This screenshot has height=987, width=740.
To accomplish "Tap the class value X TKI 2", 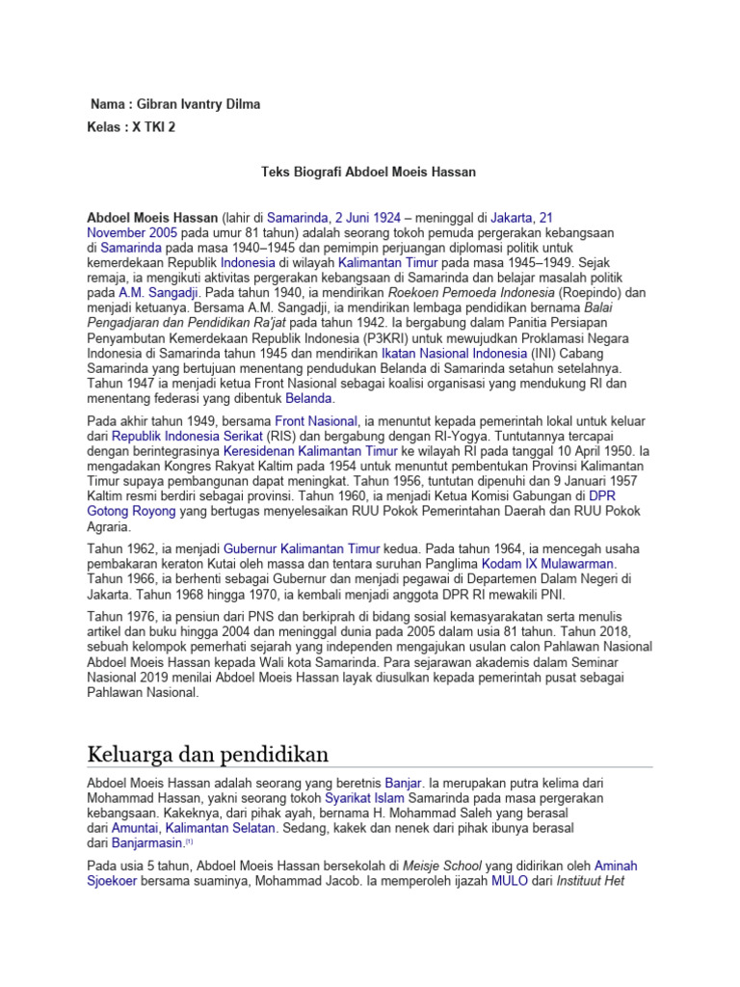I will click(x=154, y=127).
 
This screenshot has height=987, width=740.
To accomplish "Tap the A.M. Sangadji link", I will click(x=158, y=292).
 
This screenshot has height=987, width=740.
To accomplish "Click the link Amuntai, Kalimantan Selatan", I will click(x=194, y=828).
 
